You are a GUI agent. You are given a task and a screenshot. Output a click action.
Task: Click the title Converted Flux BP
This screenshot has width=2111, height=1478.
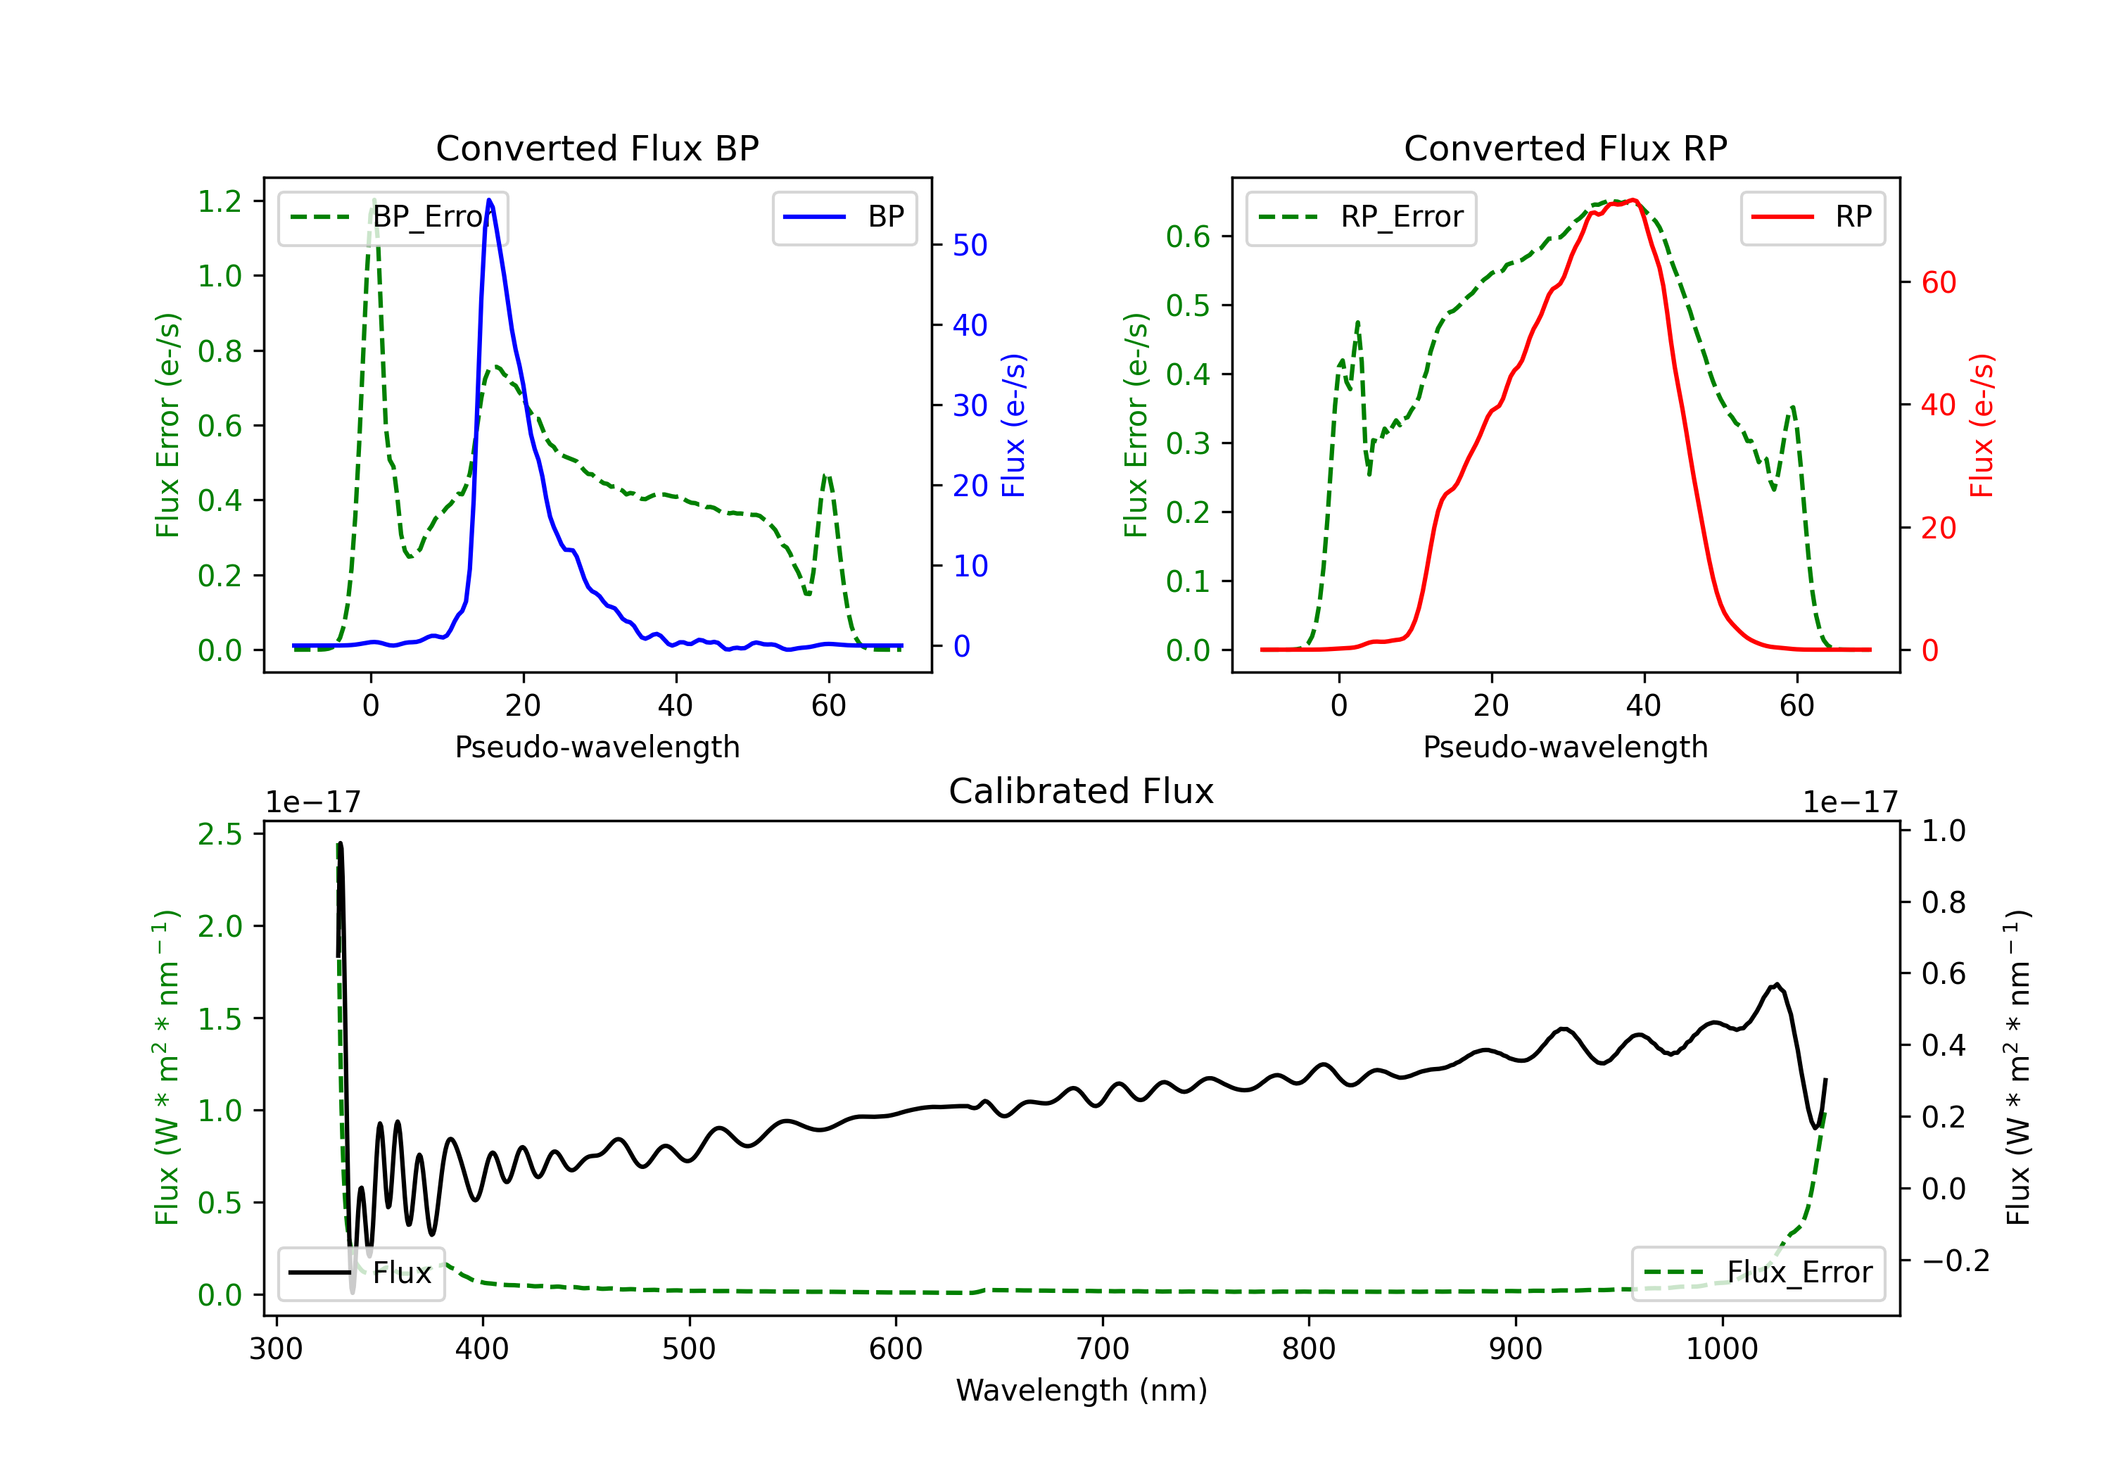coord(597,148)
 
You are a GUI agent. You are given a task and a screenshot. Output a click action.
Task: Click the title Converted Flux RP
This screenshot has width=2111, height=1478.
coord(1566,148)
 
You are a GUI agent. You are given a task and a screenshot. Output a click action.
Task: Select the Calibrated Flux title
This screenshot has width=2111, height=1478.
coord(1082,791)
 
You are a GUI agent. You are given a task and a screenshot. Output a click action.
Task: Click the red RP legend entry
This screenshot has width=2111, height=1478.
coord(1812,217)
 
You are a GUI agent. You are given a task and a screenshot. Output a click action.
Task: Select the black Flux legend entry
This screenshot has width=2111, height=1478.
coord(360,1273)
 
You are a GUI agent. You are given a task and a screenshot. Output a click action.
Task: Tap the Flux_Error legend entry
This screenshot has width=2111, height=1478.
coord(1758,1273)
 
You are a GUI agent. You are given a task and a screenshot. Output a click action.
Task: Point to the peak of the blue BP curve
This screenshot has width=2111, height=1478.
coord(489,200)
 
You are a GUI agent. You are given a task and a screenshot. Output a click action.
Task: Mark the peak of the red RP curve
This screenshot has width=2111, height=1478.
coord(1633,200)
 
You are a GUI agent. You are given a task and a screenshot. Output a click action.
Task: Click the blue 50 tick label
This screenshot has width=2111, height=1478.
coord(970,246)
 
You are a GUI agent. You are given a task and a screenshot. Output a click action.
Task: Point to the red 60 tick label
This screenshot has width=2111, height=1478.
coord(1939,282)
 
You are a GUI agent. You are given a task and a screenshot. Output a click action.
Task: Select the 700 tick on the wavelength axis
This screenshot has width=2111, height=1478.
coord(1103,1349)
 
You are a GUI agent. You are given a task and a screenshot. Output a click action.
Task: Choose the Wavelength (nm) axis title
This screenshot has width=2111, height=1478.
coord(1082,1391)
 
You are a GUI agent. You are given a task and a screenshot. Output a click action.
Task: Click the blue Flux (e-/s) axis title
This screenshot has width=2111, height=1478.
coord(1013,426)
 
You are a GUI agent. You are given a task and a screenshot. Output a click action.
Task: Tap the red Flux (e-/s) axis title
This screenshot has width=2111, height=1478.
coord(1982,426)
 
